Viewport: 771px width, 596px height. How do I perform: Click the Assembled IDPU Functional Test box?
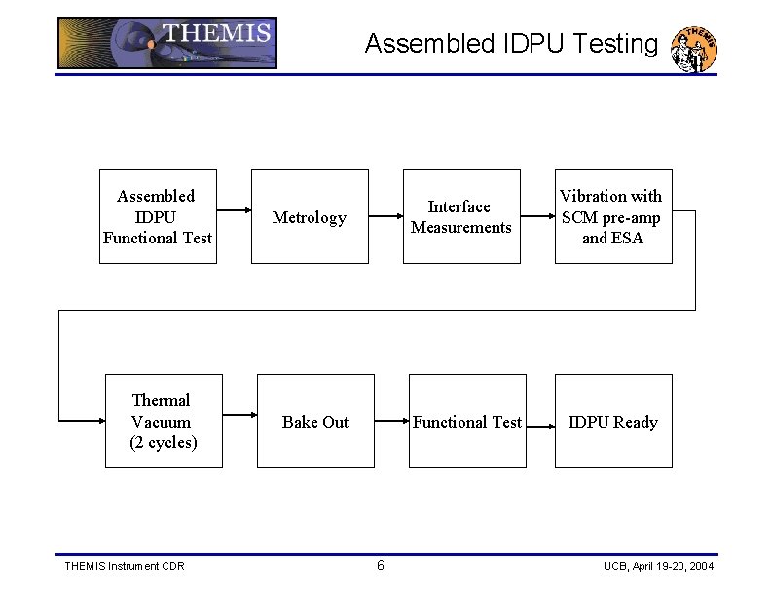click(156, 216)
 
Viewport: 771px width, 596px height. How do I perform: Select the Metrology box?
click(310, 216)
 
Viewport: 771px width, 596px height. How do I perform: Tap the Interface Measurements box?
click(460, 216)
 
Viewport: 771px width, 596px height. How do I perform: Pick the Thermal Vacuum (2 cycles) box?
click(163, 421)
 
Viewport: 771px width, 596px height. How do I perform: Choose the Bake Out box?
click(314, 421)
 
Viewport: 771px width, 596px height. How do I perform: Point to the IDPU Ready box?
click(612, 421)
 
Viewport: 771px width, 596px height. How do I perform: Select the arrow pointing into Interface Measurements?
click(386, 209)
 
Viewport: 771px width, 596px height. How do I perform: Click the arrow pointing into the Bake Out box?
click(239, 421)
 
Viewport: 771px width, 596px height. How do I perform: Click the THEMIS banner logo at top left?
click(166, 43)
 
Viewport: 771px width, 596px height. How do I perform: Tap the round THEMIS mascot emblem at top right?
click(695, 49)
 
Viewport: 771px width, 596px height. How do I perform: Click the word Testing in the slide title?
click(616, 44)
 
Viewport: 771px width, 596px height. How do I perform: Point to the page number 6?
click(381, 566)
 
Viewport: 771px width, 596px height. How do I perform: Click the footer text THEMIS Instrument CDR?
click(124, 566)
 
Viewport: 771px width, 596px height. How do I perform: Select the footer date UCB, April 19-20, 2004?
click(658, 566)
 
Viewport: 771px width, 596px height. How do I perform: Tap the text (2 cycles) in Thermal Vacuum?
click(163, 442)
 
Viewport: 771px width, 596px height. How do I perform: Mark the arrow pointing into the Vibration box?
click(538, 209)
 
